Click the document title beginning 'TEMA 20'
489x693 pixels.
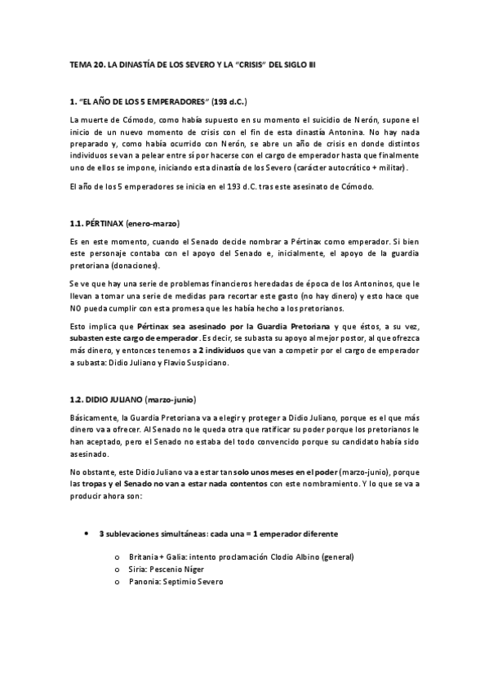click(193, 63)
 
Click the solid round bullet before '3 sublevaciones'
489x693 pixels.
click(87, 533)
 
